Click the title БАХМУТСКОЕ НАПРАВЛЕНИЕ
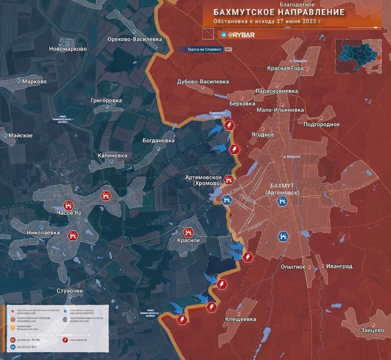pyautogui.click(x=279, y=12)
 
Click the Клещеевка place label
pyautogui.click(x=241, y=319)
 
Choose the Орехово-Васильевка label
pyautogui.click(x=134, y=40)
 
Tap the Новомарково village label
pyautogui.click(x=68, y=49)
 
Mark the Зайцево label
pyautogui.click(x=373, y=330)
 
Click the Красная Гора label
pyautogui.click(x=285, y=69)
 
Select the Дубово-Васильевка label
pyautogui.click(x=203, y=82)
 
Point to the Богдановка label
pyautogui.click(x=159, y=140)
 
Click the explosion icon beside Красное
pyautogui.click(x=188, y=232)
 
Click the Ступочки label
pyautogui.click(x=70, y=291)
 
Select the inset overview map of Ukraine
pyautogui.click(x=358, y=56)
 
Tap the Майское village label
pyautogui.click(x=20, y=136)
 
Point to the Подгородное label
pyautogui.click(x=322, y=124)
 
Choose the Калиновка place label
pyautogui.click(x=112, y=156)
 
